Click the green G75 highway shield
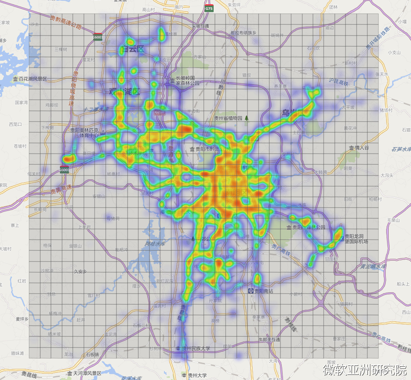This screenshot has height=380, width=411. [209, 8]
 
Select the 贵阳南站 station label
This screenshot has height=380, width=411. [261, 291]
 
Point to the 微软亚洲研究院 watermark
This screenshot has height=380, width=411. [365, 369]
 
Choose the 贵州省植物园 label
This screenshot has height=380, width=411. [229, 118]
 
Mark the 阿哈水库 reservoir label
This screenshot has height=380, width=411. [155, 244]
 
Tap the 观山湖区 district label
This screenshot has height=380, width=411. [124, 92]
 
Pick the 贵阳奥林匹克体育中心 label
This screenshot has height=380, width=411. [84, 132]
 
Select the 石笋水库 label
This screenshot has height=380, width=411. [401, 149]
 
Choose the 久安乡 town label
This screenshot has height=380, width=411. [80, 271]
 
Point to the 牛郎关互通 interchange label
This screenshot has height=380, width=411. [268, 339]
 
